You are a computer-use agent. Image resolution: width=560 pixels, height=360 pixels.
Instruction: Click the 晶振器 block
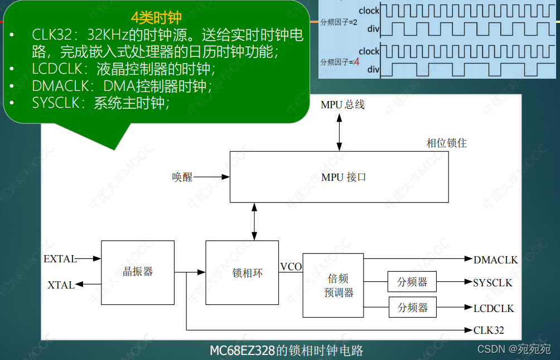(x=137, y=272)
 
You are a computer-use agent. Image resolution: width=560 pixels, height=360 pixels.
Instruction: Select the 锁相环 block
(x=242, y=272)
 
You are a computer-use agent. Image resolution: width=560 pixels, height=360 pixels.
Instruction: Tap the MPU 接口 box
(x=339, y=177)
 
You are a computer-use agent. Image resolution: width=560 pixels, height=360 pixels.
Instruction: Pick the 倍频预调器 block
(x=332, y=285)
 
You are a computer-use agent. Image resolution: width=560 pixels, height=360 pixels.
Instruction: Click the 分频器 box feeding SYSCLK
(x=412, y=282)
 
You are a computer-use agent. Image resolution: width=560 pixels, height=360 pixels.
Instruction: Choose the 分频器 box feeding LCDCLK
(x=412, y=308)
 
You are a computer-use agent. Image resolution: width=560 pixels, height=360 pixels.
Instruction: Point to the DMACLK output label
(x=496, y=260)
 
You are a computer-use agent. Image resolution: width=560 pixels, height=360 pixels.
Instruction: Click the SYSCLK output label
(x=493, y=283)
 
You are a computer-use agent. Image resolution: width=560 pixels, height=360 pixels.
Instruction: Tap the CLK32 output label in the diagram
(x=489, y=330)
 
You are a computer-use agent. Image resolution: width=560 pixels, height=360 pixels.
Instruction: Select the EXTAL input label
(x=59, y=259)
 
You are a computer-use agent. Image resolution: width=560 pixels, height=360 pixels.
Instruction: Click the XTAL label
(x=61, y=285)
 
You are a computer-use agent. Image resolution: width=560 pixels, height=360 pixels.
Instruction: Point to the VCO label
(x=291, y=267)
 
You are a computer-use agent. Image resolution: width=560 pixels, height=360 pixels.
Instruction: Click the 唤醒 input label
(x=182, y=177)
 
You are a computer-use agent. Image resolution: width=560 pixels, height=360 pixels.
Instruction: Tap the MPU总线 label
(x=342, y=105)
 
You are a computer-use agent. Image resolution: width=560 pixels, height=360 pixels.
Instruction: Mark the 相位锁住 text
(x=446, y=143)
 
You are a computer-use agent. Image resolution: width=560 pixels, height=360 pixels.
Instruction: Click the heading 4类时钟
(x=157, y=17)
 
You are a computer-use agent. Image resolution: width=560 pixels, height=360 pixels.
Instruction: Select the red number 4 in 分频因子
(x=356, y=61)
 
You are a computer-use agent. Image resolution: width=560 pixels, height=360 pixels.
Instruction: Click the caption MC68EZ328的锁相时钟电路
(x=286, y=351)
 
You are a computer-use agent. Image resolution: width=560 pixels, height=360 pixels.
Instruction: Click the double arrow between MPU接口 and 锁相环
(x=254, y=221)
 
